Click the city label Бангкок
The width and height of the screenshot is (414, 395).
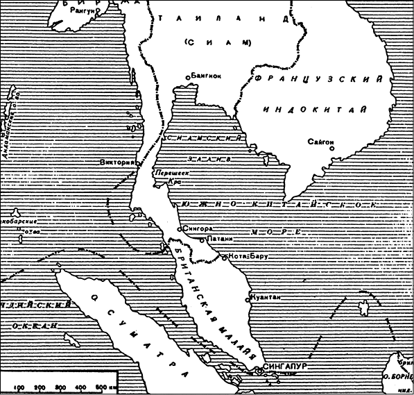(207, 77)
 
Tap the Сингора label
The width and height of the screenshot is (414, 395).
(198, 228)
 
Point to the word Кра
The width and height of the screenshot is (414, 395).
(174, 183)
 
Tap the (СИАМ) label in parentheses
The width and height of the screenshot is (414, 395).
(217, 43)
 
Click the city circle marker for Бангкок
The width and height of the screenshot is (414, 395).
(188, 77)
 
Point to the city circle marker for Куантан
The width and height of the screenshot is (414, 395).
(248, 301)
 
